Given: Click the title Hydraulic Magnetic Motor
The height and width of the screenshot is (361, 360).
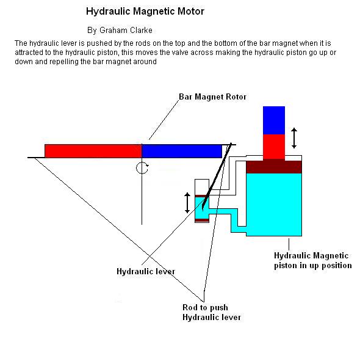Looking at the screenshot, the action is click(x=145, y=11).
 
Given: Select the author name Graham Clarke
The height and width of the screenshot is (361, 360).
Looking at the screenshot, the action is click(x=126, y=30).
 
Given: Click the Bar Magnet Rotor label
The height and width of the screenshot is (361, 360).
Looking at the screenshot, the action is click(x=212, y=97).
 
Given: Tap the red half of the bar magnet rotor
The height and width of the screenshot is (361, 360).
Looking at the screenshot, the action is click(x=93, y=151).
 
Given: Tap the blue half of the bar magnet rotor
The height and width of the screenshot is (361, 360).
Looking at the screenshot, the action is click(x=182, y=151).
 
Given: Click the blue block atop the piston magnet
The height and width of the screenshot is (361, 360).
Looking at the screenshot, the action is click(x=274, y=120).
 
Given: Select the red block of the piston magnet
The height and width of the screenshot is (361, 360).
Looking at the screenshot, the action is click(x=274, y=147).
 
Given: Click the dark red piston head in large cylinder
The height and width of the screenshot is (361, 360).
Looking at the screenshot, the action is click(x=274, y=167).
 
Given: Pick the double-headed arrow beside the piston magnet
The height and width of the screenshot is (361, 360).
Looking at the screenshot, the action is click(x=294, y=138).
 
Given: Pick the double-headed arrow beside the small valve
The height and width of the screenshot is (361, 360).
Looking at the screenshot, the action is click(x=187, y=203).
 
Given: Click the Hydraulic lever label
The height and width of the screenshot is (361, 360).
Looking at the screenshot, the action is click(x=146, y=271).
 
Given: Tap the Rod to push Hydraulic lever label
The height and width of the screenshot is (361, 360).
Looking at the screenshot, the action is click(x=212, y=312).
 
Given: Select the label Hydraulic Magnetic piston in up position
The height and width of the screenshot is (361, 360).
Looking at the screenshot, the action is click(x=313, y=261).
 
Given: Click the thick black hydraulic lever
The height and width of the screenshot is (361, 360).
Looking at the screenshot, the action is click(x=217, y=177).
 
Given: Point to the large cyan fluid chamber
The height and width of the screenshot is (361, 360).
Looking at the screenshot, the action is click(x=274, y=205).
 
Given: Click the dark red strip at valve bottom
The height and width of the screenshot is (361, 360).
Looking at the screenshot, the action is click(x=202, y=221).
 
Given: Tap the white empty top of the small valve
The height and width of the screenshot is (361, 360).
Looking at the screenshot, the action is click(x=202, y=187).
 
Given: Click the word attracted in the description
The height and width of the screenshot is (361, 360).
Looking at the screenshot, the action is click(x=29, y=53).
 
